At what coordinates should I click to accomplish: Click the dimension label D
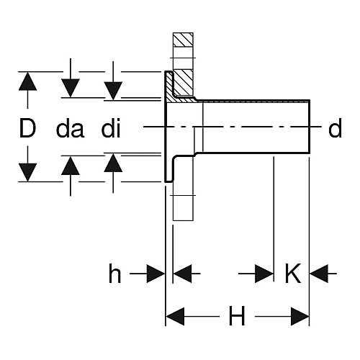click(27, 128)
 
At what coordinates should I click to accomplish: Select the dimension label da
click(70, 129)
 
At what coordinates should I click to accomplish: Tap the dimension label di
click(111, 128)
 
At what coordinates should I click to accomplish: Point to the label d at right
click(335, 128)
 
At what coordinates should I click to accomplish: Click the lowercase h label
click(115, 274)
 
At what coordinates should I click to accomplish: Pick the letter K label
click(293, 274)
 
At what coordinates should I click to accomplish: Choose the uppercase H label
click(237, 316)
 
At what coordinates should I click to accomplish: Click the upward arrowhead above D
click(27, 81)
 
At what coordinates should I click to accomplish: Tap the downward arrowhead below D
click(27, 172)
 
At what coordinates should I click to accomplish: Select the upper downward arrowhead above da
click(71, 88)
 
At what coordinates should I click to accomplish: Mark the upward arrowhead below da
click(71, 166)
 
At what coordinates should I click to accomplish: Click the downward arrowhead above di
click(113, 91)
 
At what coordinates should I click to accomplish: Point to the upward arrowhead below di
click(113, 163)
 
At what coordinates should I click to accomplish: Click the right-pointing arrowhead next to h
click(156, 274)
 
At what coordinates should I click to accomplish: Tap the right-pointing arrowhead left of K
click(264, 274)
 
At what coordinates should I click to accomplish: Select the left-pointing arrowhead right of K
click(319, 274)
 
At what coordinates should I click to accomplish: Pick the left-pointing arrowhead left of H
click(175, 316)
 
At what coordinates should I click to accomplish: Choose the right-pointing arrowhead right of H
click(300, 316)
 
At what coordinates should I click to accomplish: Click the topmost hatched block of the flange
click(183, 40)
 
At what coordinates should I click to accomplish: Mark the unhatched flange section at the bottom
click(183, 208)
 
